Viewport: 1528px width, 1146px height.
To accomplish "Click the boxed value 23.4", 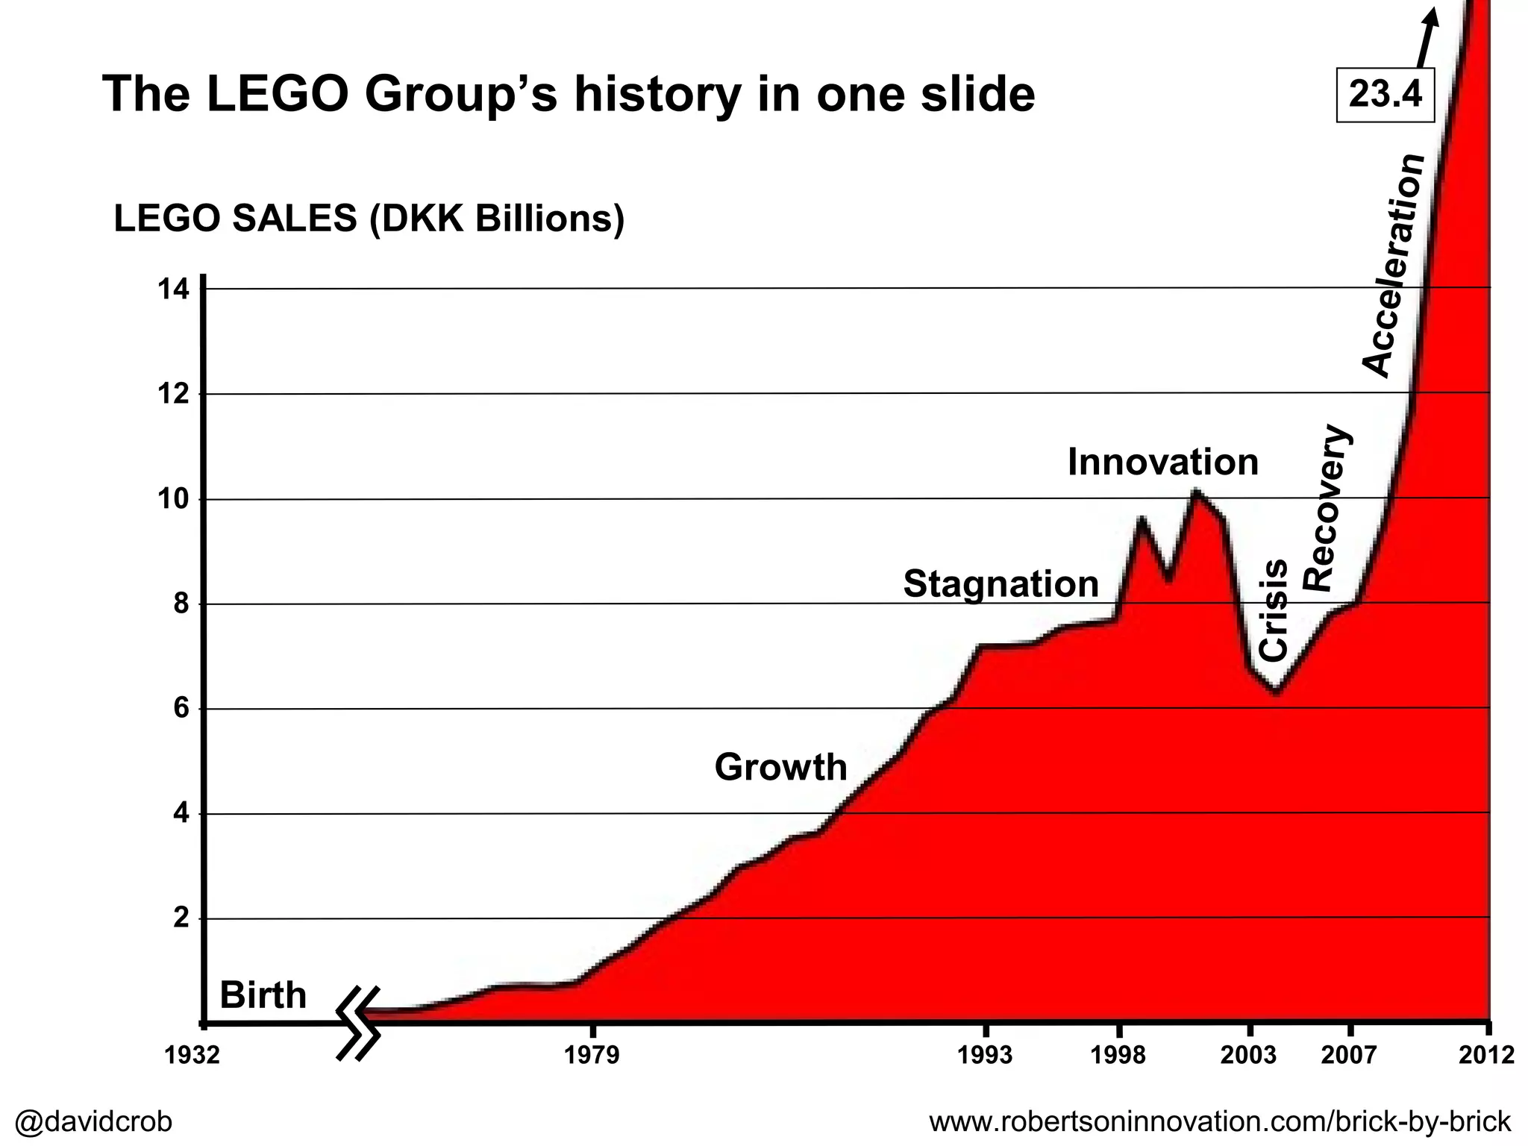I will coord(1385,95).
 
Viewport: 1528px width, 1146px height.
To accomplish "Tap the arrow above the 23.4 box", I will coord(1424,37).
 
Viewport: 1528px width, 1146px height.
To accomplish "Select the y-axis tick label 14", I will coord(173,289).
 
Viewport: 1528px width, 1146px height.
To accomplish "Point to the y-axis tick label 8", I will coord(181,604).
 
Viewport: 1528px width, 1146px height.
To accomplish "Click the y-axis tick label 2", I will coord(181,918).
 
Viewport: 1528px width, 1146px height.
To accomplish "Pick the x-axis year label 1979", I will coord(592,1055).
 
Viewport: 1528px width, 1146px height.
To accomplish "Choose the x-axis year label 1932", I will coord(192,1055).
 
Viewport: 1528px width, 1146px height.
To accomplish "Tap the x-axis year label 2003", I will coord(1248,1055).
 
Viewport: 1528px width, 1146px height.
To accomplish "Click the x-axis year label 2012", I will coord(1486,1055).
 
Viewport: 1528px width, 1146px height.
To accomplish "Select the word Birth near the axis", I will coord(263,995).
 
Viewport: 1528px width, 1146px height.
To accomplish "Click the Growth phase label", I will coord(780,767).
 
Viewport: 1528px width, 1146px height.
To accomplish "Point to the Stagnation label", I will coord(1001,583).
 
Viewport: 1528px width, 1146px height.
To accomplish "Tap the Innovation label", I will coord(1162,462).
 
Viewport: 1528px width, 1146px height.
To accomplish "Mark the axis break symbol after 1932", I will coord(359,1023).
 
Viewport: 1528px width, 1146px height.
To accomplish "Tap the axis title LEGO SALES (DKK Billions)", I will coord(369,219).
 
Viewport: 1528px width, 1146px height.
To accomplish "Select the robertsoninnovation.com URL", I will coord(1219,1121).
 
